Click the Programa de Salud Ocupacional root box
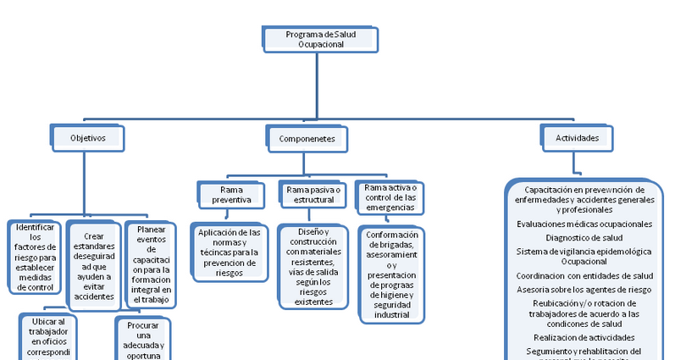315,39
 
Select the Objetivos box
88,137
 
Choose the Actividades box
577,137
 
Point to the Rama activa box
390,196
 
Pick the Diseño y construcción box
313,266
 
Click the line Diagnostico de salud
584,238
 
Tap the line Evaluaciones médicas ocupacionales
584,224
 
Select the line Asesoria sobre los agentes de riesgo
584,289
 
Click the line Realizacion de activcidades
584,337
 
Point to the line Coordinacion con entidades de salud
584,275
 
